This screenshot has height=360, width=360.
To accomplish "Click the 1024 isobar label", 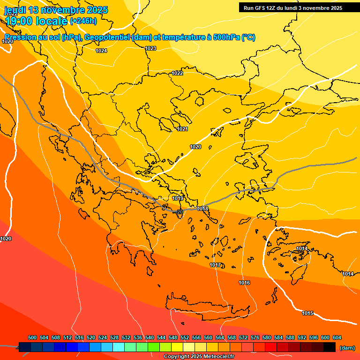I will pos(101,51).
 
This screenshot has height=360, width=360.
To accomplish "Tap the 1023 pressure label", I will pos(150,49).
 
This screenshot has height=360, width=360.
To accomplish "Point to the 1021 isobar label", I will pos(182,129).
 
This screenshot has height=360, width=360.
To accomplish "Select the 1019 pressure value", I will pos(178,199).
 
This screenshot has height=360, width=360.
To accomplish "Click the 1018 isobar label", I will pos(202,209).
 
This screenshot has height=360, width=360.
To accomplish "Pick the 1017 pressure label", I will pos(215,265).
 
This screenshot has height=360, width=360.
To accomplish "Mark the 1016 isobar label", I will pos(244,283).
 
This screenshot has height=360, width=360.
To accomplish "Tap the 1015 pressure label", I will pos(307,313).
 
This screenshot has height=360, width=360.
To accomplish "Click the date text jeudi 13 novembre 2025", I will pos(56,10).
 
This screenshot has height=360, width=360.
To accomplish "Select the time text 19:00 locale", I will pos(37,21).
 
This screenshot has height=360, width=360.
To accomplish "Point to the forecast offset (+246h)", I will pos(83,21).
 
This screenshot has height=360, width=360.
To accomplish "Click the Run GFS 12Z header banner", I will pos(293,8).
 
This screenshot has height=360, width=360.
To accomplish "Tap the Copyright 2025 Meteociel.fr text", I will pos(199,357).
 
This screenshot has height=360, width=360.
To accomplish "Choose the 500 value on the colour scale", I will pos(32,337).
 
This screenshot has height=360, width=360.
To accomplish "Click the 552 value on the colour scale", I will pos(185,337).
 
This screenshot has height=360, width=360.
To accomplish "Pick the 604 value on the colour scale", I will pos(337,337).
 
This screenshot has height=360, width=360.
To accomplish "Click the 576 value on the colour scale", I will pos(255,337).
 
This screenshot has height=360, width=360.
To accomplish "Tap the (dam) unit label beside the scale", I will pos(347,348).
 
